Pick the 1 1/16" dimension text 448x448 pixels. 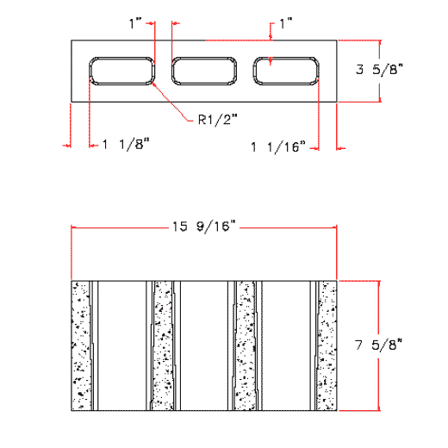[278, 147]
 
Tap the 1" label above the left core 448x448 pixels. [135, 25]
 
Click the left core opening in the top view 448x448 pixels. [122, 72]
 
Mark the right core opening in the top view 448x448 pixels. [287, 72]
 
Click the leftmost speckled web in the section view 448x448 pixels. [81, 345]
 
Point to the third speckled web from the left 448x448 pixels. [245, 345]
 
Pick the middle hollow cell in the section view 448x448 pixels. [204, 345]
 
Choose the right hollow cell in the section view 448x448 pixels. [286, 345]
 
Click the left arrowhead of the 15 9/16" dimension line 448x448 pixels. [74, 227]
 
